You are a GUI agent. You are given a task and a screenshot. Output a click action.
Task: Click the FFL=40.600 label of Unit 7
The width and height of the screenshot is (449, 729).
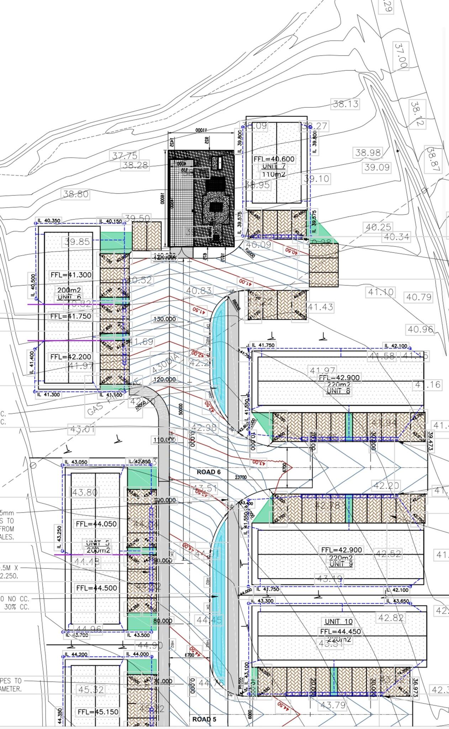(274, 159)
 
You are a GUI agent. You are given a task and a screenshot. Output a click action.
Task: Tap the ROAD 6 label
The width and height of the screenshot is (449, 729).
(209, 472)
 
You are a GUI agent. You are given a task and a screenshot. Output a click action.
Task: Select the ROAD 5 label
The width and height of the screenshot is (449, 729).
(204, 719)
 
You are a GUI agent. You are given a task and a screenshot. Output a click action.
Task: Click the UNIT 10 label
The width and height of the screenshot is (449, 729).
(338, 622)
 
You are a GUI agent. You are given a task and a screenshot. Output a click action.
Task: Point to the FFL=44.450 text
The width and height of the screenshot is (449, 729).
(340, 631)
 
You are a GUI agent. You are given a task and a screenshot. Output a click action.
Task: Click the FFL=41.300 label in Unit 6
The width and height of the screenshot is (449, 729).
(71, 275)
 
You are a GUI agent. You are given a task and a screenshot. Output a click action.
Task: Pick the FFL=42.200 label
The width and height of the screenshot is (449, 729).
(71, 357)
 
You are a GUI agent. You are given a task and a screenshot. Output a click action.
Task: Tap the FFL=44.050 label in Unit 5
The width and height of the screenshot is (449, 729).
(96, 524)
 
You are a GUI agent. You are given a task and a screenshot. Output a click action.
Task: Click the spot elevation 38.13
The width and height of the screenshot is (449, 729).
(345, 104)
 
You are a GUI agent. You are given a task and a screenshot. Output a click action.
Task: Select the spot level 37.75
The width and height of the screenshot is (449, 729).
(125, 156)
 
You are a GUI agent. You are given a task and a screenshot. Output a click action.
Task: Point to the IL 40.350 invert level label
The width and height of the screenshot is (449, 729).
(49, 221)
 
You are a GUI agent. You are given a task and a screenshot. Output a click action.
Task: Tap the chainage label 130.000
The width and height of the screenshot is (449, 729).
(164, 319)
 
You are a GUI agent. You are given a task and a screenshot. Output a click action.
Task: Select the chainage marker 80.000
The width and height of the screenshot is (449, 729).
(163, 621)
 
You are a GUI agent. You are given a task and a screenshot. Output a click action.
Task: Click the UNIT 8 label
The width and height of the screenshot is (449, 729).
(338, 391)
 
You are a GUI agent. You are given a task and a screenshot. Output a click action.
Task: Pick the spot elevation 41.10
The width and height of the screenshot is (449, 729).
(381, 292)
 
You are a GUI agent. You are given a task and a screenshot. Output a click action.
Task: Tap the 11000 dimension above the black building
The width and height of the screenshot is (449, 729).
(201, 131)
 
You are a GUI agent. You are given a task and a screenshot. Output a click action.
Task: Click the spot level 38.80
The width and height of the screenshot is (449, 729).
(76, 194)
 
